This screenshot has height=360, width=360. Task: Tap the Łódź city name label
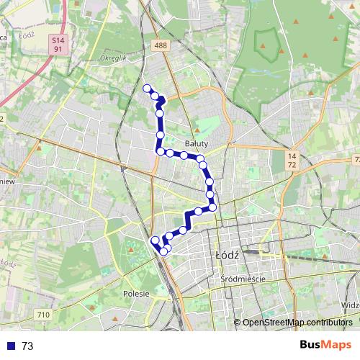pos(227,256)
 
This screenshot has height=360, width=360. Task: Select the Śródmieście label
pos(244,279)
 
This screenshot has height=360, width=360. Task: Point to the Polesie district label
pos(135,294)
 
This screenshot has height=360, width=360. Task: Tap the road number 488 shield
pos(161,45)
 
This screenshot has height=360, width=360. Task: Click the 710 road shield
pos(44,315)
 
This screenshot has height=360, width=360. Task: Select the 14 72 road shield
pos(292,161)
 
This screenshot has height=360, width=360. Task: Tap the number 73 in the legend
pos(27,346)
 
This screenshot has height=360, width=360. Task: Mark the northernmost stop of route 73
pos(148,89)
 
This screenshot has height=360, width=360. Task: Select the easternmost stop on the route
pos(212,207)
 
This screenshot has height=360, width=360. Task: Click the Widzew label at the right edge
pos(351,305)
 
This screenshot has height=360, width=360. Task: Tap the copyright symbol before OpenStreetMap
pos(237,323)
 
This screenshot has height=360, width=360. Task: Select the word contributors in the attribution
pos(328,323)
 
